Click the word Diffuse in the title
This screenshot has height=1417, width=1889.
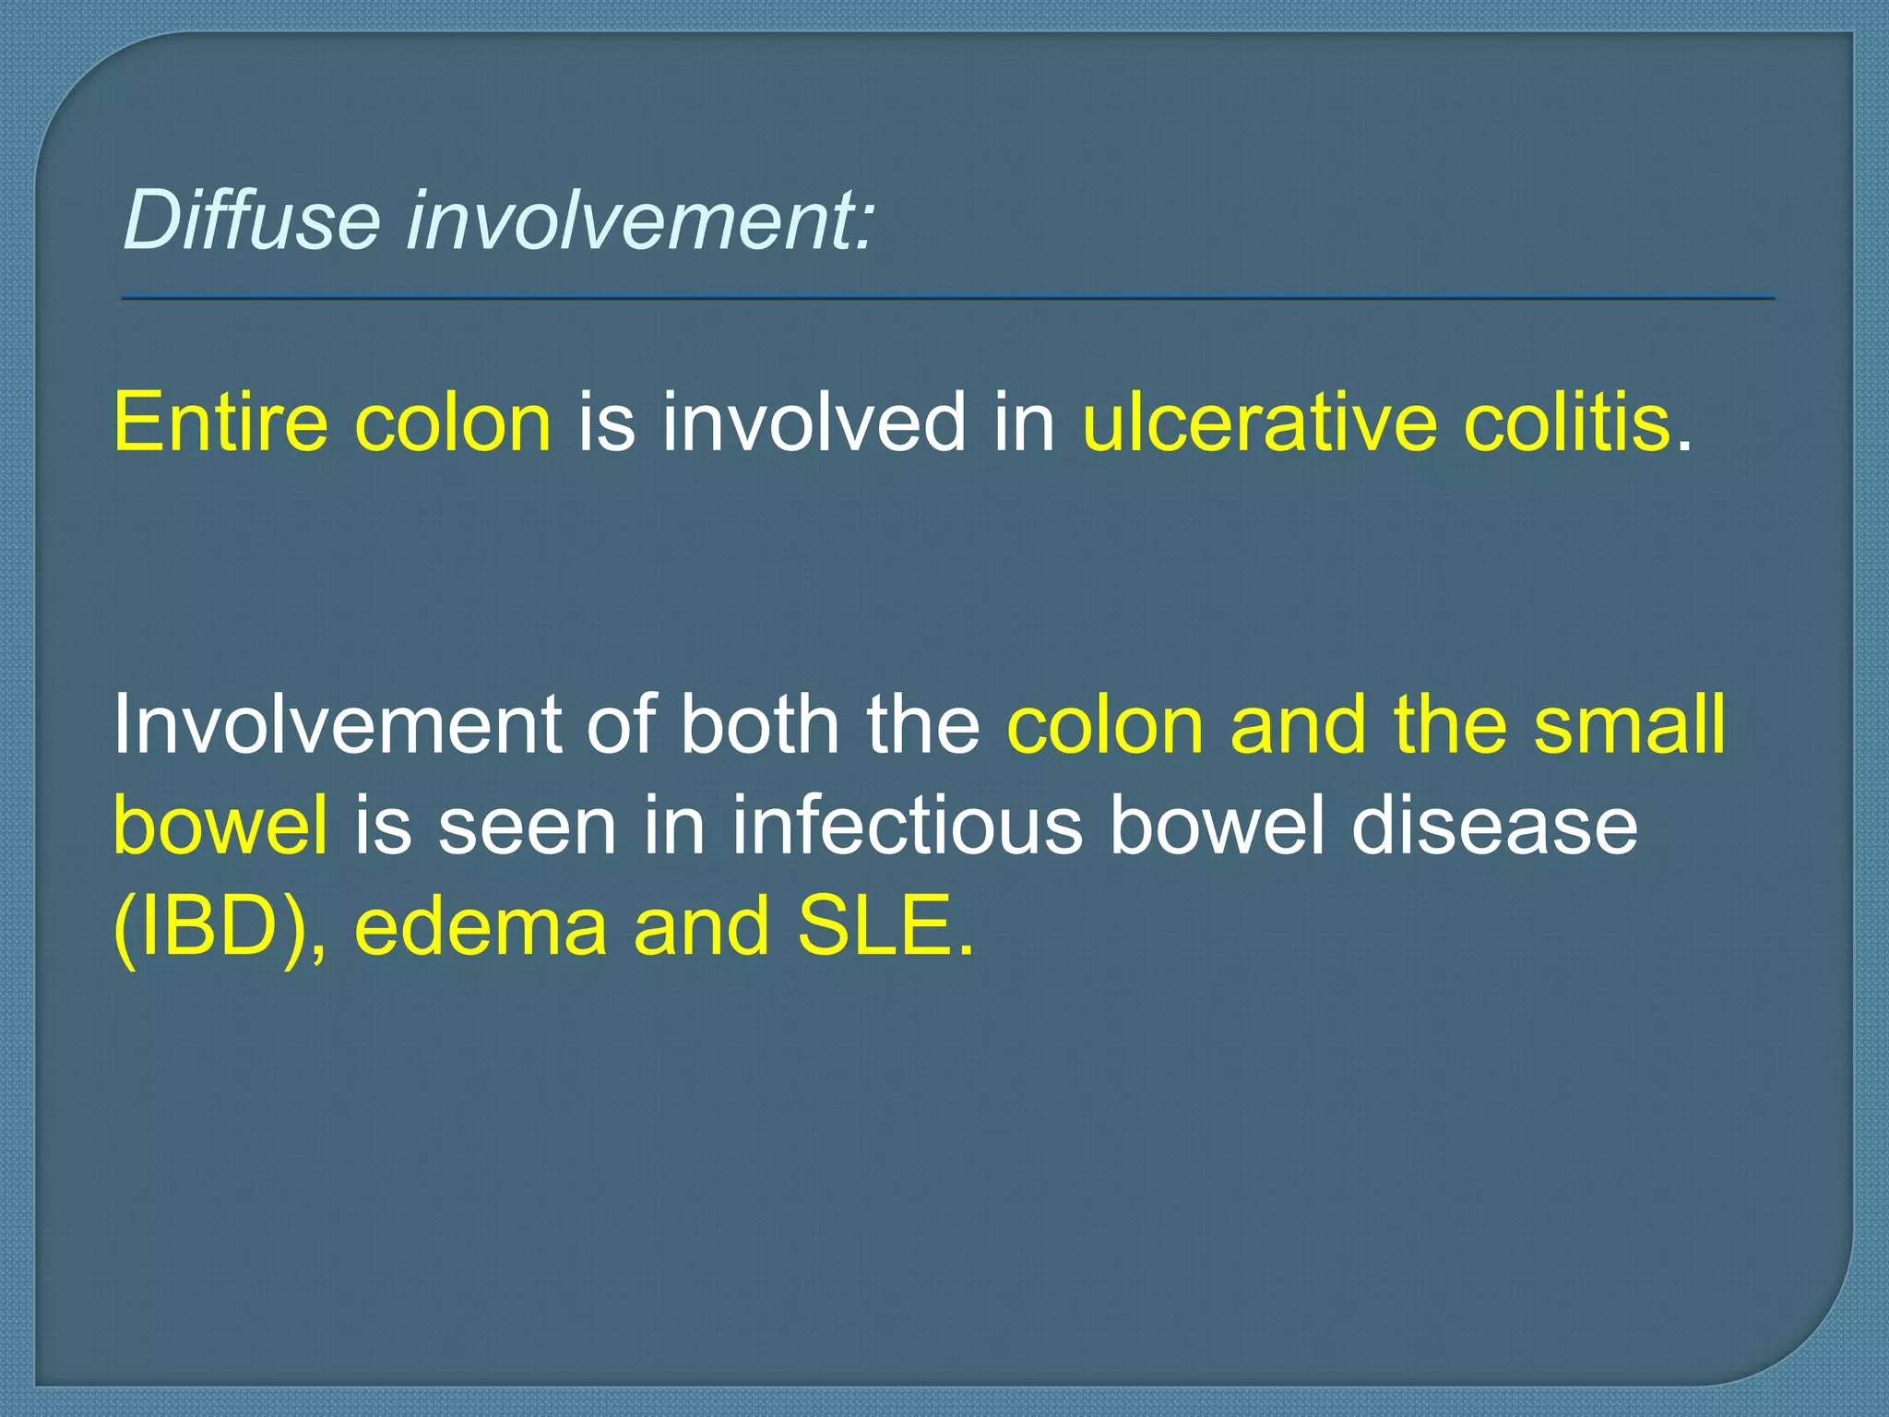coord(251,220)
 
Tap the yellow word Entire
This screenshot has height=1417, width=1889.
coord(220,422)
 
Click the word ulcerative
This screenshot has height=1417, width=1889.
coord(1259,422)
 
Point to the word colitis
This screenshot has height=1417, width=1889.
coord(1567,422)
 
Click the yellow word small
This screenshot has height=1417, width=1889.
coord(1629,724)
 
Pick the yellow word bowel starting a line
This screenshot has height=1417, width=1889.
coord(220,825)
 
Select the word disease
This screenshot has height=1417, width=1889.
coord(1494,825)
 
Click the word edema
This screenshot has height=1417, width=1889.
coord(480,927)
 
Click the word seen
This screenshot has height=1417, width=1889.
coord(527,825)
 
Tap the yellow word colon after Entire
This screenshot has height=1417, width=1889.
coord(453,422)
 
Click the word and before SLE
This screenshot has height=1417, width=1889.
coord(701,927)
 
